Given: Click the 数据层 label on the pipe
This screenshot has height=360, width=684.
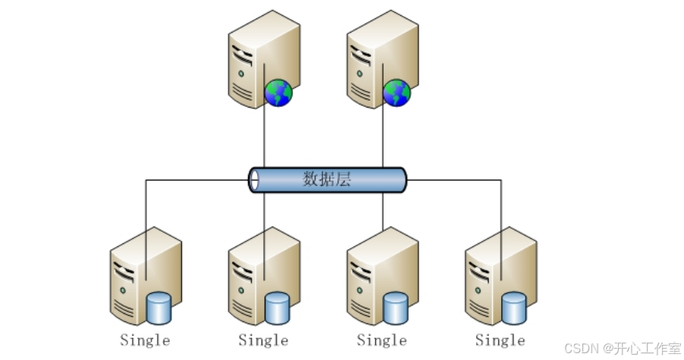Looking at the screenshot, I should [327, 180].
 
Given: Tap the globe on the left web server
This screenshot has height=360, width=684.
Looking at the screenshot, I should [278, 93].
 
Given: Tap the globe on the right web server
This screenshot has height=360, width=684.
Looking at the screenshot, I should [397, 93].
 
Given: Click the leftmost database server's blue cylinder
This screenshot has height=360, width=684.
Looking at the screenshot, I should [159, 307].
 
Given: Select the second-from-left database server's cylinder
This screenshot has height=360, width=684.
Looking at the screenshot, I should [278, 307].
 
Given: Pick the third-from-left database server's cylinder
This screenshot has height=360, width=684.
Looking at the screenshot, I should [396, 307].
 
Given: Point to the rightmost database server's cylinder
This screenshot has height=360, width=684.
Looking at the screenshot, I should [514, 307].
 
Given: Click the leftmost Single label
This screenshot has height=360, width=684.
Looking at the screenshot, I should [145, 340].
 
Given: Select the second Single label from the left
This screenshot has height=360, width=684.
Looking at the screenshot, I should [263, 340].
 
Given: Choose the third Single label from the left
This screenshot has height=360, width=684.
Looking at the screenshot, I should [381, 340].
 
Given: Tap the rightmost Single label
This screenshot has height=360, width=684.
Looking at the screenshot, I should [500, 340].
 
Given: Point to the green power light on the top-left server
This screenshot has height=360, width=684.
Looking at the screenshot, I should [241, 74].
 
